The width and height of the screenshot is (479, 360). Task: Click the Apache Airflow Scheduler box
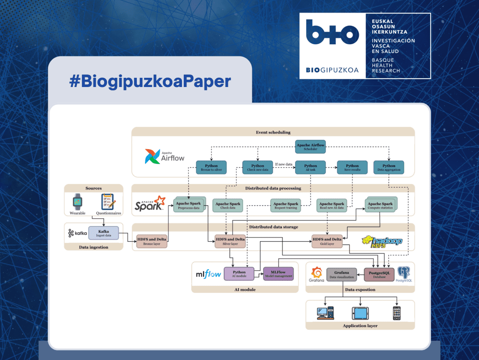coord(310,147)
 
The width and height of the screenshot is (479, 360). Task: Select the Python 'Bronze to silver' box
coord(211,168)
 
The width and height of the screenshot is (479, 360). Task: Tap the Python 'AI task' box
coord(310,168)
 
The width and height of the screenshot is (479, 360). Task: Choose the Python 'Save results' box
coord(352,168)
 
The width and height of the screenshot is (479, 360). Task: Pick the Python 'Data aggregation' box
coord(389,168)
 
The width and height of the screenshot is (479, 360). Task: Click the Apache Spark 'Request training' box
coord(286,206)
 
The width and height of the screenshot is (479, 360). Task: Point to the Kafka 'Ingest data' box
coord(104,233)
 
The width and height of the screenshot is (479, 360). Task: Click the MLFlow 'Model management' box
coord(278,274)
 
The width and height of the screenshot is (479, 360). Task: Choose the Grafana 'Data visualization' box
coord(341,275)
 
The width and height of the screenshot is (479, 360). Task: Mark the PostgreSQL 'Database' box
coord(380,275)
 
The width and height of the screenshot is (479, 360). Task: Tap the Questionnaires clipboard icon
coord(108,202)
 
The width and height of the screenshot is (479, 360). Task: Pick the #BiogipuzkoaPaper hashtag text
coord(150,81)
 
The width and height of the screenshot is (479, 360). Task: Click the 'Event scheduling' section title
coord(273,133)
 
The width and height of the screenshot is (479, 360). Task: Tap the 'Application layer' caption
coord(360,326)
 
